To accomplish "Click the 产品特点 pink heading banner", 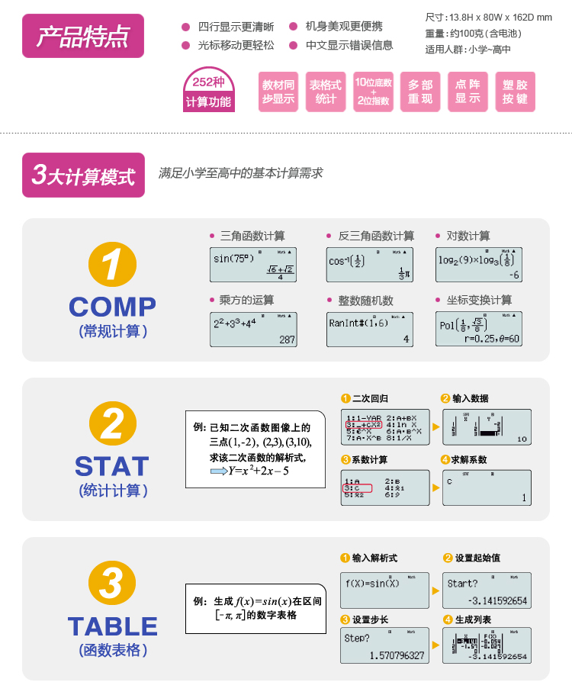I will [83, 35].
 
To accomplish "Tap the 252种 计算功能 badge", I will [208, 92].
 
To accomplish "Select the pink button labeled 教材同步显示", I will [278, 92].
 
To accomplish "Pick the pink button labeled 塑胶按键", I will [515, 92].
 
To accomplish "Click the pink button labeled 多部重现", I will [420, 92].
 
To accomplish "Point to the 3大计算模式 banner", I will [83, 175].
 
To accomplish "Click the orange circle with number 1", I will [112, 266].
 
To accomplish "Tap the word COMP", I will [112, 307].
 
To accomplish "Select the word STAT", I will [112, 466].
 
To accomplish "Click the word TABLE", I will [112, 626].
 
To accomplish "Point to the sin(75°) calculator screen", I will [253, 265].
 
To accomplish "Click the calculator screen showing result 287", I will [253, 330].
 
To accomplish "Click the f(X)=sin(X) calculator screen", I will [383, 591].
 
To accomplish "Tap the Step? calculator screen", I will [383, 645].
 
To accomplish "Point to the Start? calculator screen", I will [487, 591].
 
